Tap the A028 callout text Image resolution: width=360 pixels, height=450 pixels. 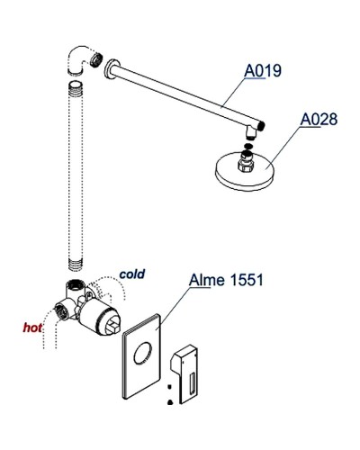(x=319, y=118)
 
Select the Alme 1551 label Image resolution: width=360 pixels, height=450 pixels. (x=225, y=280)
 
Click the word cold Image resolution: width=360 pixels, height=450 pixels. (x=131, y=273)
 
